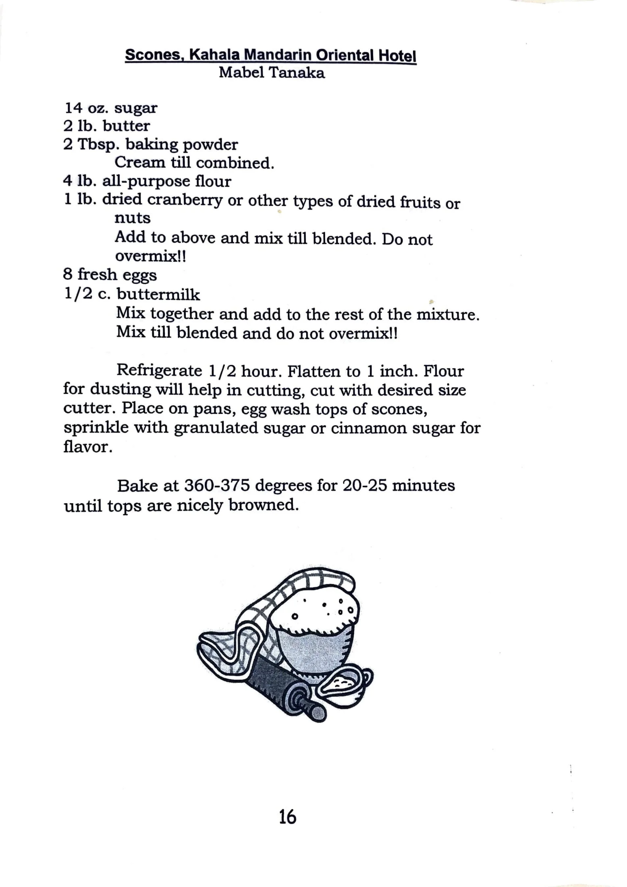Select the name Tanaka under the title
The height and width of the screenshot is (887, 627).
coord(297,73)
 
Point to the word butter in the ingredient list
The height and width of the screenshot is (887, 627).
coord(126,126)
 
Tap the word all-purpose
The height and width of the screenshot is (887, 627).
coord(145,181)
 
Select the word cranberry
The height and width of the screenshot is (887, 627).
coord(185,200)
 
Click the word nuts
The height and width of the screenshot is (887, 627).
coord(132,218)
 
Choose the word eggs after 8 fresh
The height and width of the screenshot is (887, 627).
coord(139,275)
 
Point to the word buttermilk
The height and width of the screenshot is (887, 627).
coord(158,294)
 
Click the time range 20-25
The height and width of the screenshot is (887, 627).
coord(365,486)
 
